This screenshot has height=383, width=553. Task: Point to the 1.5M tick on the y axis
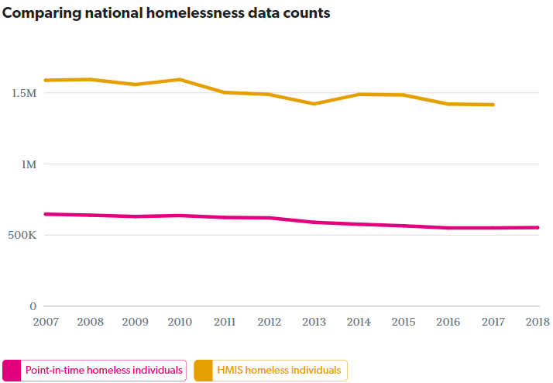23,93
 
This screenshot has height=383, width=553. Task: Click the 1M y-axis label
27,164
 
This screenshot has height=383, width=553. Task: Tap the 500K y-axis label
21,235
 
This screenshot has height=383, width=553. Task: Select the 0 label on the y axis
33,306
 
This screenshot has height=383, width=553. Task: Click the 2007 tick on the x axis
46,321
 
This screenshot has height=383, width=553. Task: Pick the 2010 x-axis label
180,321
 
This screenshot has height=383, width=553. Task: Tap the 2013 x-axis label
314,321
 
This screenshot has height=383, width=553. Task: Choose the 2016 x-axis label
448,321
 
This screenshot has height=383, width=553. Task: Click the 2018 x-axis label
537,321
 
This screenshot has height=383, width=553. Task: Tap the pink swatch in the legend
12,371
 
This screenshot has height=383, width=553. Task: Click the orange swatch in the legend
203,371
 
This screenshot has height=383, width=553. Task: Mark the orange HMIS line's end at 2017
493,105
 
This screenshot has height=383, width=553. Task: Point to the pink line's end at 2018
538,227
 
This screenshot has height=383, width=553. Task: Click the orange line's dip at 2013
314,104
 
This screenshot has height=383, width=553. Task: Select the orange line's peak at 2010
180,79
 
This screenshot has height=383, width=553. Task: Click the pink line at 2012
270,218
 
